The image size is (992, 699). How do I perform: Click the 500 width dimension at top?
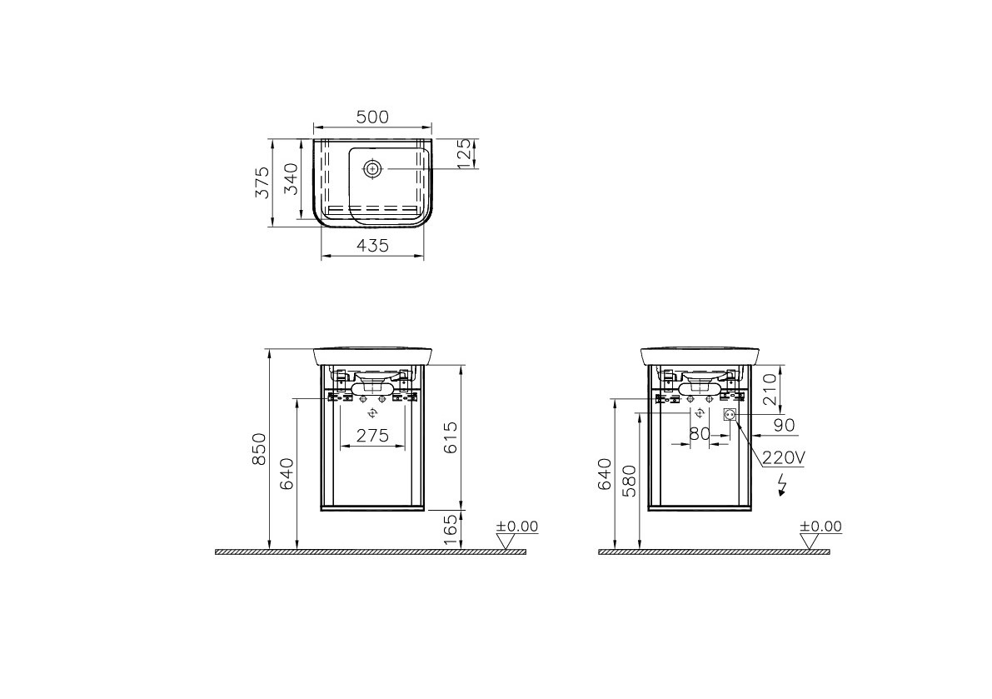(372, 117)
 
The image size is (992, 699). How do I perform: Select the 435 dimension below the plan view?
(372, 245)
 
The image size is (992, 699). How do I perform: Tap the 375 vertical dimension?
(262, 182)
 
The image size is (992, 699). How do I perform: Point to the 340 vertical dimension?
(292, 179)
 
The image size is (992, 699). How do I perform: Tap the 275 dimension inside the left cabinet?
(373, 435)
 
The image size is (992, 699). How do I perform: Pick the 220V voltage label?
(782, 457)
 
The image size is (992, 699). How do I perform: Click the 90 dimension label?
(784, 425)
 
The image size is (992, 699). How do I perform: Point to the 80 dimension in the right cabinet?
(700, 434)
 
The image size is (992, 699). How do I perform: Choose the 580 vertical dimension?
(631, 482)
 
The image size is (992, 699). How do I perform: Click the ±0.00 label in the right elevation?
(820, 527)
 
